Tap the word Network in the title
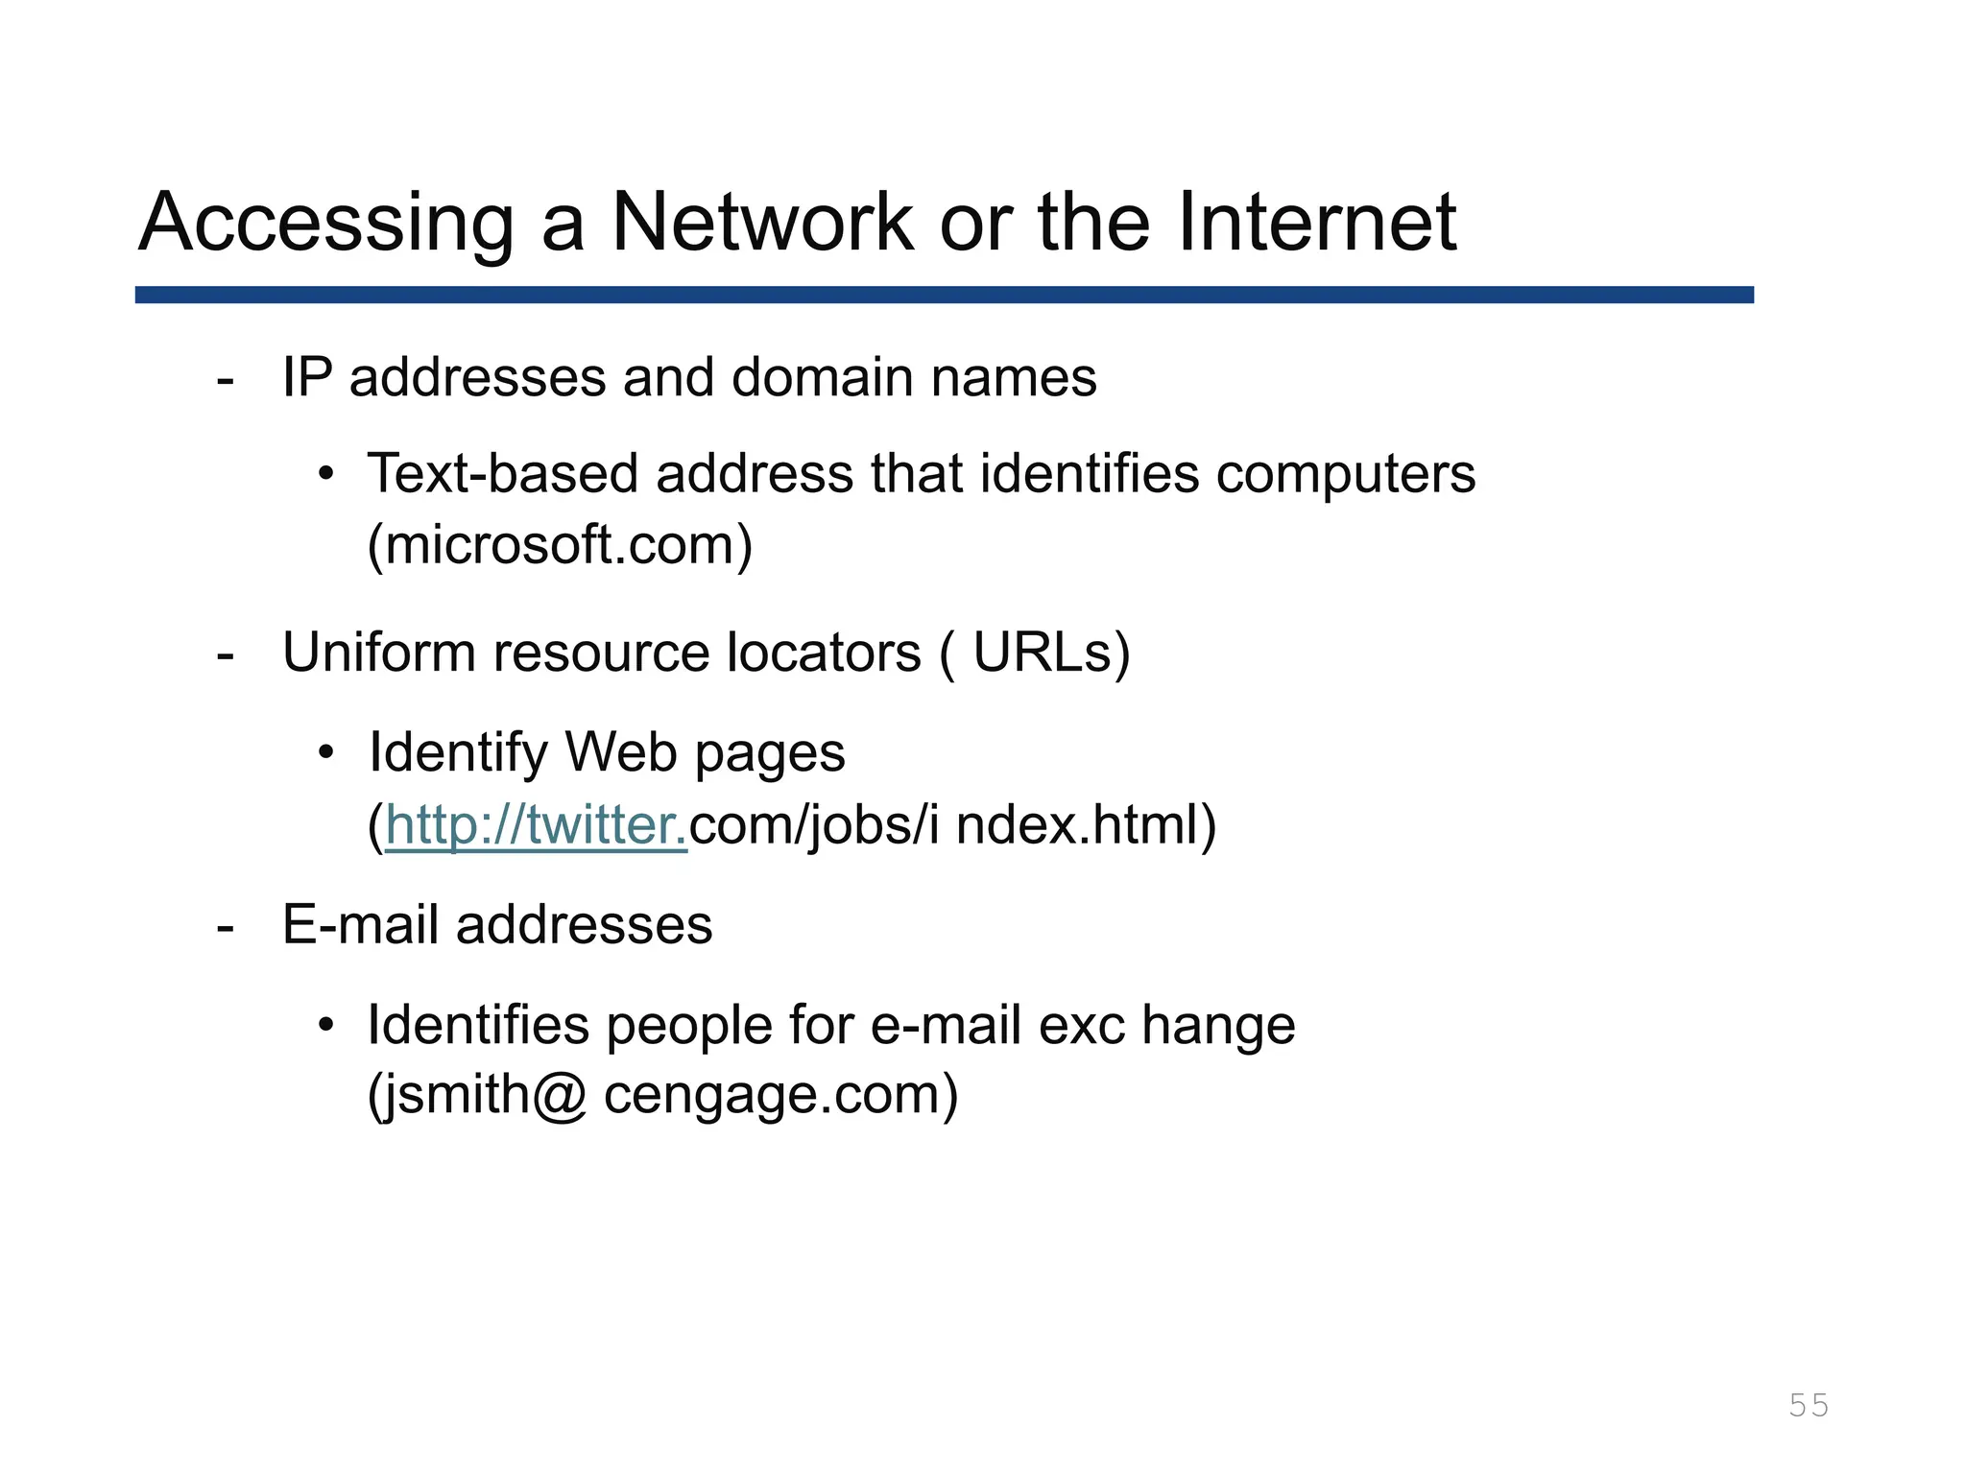pos(762,223)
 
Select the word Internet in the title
pos(1316,223)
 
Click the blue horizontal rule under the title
pos(944,295)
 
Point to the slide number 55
pos(1809,1405)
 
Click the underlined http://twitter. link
pos(536,825)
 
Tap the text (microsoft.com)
pos(560,545)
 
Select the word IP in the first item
pos(306,377)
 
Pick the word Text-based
pos(502,474)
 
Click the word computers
pos(1345,474)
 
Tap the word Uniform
pos(378,653)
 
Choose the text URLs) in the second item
pos(1051,653)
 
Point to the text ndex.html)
pos(1086,825)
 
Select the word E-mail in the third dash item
pos(360,925)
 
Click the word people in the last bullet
pos(689,1025)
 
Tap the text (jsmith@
pos(476,1095)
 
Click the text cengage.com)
pos(780,1095)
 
